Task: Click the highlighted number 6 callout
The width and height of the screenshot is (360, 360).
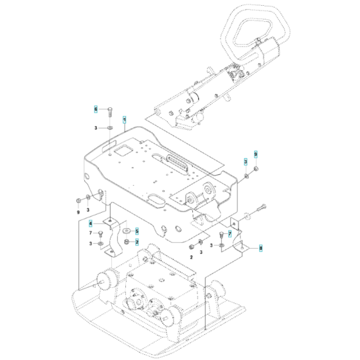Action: coord(96,109)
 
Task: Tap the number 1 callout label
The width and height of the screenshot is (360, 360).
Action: coord(124,118)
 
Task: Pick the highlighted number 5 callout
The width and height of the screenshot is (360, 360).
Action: coord(137,230)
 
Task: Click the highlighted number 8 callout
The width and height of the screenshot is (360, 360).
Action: coord(260,247)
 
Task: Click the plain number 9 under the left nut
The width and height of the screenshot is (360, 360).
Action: coord(78,212)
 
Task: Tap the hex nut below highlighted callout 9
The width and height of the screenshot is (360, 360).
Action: coord(256,168)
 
